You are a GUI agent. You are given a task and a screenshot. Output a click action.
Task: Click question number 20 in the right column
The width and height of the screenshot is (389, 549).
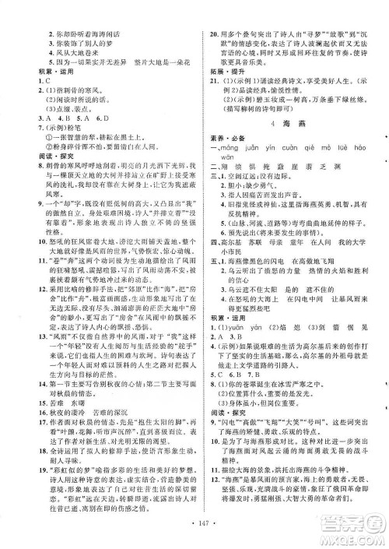coord(213,7)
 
